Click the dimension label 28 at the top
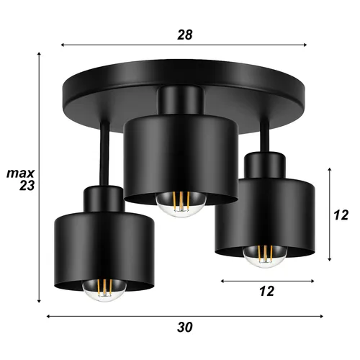pos(186,33)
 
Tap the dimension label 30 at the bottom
pos(186,328)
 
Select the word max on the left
pos(21,174)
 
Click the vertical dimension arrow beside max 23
pos(40,180)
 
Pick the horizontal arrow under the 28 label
pos(185,45)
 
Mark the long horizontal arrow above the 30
pos(185,315)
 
